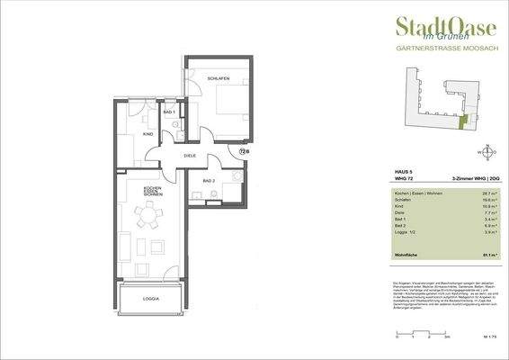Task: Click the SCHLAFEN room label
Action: [x=219, y=78]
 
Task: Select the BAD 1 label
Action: [x=168, y=112]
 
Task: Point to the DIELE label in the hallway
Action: [x=190, y=156]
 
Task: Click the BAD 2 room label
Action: [x=209, y=181]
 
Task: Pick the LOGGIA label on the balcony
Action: [x=151, y=298]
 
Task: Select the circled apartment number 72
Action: [x=244, y=152]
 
